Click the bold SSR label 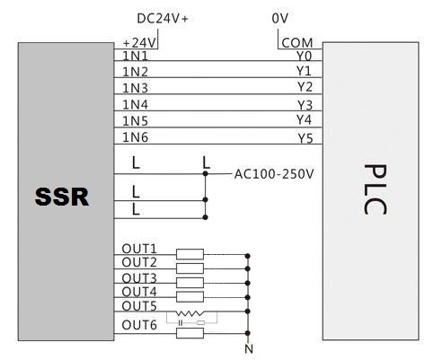pos(62,197)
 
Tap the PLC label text pos(375,189)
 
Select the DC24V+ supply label pos(163,19)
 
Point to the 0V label pos(279,19)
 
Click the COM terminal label pos(297,43)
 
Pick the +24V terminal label pos(139,43)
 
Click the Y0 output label pos(305,56)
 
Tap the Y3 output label pos(305,105)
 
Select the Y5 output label pos(305,138)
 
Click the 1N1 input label pos(136,56)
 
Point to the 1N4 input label pos(136,105)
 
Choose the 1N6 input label pos(136,137)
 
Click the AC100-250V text pos(274,174)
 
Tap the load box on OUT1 pos(190,254)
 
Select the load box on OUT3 pos(190,283)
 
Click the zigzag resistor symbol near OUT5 pos(189,313)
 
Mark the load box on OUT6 pos(190,333)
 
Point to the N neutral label pos(249,349)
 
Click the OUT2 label pos(139,262)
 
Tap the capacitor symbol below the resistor pos(181,323)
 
